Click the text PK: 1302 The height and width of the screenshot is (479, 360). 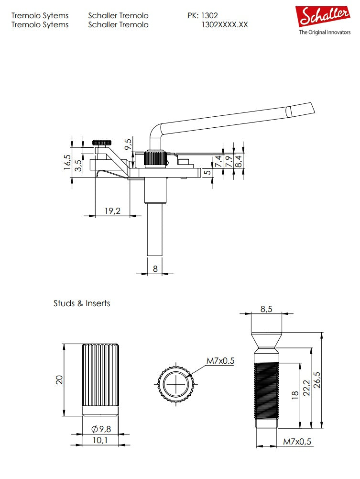click(203, 16)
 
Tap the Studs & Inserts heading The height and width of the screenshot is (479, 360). click(82, 303)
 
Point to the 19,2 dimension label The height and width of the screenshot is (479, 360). click(112, 211)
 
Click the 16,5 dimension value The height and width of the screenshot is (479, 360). click(67, 163)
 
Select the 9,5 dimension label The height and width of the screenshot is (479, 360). click(128, 145)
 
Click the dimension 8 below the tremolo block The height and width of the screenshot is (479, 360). click(155, 269)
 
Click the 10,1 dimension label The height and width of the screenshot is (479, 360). click(100, 440)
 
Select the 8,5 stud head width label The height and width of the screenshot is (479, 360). click(266, 309)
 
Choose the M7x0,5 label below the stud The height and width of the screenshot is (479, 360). click(297, 442)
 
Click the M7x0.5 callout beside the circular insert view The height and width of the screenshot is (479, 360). click(220, 361)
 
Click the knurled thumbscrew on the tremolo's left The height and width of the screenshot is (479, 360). click(102, 143)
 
